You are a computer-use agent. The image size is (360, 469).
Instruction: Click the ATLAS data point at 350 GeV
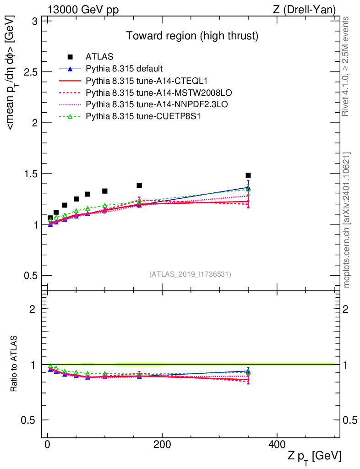coord(248,175)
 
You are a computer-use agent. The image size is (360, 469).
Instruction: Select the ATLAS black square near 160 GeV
coord(139,185)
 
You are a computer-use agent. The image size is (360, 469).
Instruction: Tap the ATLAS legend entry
coord(99,57)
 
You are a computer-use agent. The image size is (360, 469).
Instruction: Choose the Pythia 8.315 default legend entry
coord(124,69)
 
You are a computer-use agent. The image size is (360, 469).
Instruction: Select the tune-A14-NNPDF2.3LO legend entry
coord(136,104)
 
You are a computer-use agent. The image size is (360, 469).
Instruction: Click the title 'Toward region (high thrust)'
coord(193,36)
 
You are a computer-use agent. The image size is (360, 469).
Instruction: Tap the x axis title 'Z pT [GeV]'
coord(314,456)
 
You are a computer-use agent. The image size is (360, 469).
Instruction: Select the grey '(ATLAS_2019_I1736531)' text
coord(190,274)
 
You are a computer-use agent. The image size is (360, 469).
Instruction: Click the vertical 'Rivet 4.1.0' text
coord(346,66)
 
